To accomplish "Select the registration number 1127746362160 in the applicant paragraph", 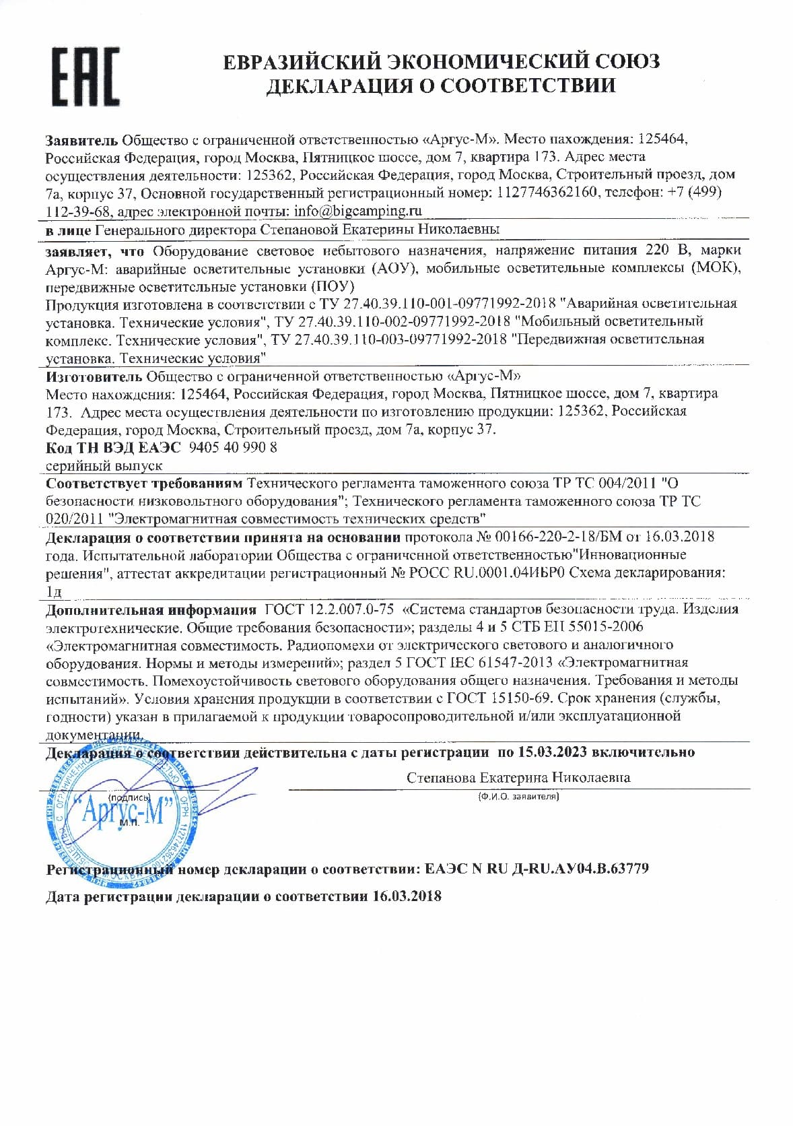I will [x=547, y=193].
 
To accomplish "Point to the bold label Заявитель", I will [x=81, y=140].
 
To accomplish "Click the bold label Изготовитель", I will [x=94, y=375].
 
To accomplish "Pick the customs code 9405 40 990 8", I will [x=233, y=447].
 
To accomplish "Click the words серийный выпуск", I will [x=104, y=465].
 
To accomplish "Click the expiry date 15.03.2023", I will [x=553, y=752].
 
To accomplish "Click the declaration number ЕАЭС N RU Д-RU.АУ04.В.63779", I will [x=537, y=869].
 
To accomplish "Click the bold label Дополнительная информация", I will [x=151, y=609].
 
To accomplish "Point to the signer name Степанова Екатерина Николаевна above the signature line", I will [x=518, y=777].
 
